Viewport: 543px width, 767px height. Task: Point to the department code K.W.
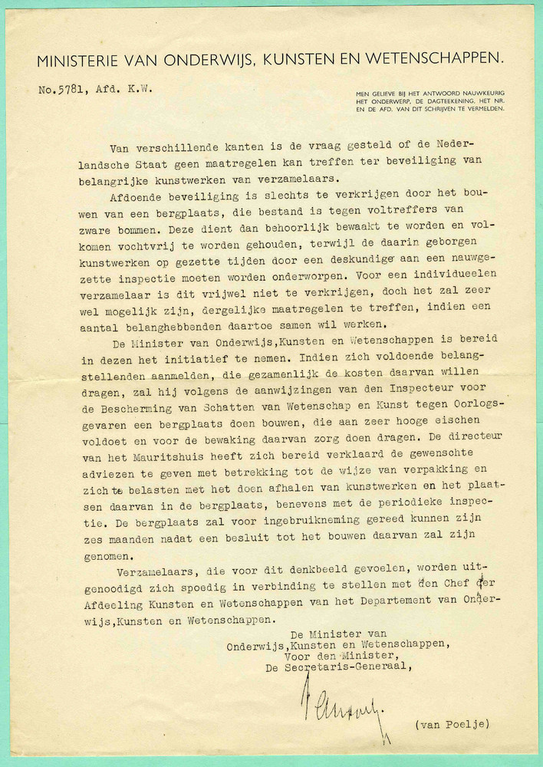(x=139, y=89)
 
